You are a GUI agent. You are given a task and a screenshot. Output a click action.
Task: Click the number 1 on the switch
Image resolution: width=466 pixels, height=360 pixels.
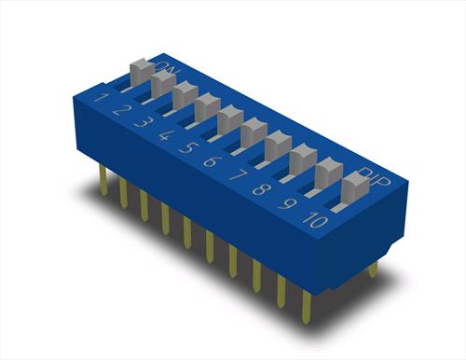click(x=101, y=98)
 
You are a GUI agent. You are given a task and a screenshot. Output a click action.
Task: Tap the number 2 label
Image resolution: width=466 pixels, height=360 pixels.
click(x=120, y=110)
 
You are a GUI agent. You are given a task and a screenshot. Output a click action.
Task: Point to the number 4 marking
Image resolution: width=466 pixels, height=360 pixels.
click(x=166, y=135)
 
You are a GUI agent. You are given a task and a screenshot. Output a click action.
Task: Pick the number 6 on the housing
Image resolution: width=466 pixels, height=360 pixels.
click(x=212, y=161)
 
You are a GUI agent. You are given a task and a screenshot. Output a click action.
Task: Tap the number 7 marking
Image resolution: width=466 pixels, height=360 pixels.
click(x=238, y=175)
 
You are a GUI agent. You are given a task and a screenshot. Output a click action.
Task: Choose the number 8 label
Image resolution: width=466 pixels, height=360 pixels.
click(x=261, y=189)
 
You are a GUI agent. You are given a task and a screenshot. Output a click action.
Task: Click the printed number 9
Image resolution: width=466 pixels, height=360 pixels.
click(x=287, y=203)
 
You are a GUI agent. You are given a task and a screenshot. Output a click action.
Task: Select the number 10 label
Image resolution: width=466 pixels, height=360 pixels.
click(x=315, y=220)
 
